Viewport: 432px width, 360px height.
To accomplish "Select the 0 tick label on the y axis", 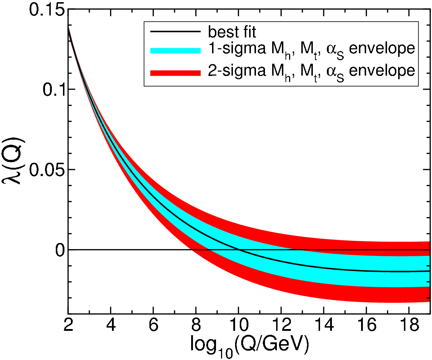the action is tap(59, 250).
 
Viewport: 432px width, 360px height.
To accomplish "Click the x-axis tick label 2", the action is tap(68, 325).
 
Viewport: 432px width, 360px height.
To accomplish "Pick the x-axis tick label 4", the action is tap(111, 325).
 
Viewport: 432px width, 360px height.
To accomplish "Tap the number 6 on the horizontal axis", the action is tap(153, 325).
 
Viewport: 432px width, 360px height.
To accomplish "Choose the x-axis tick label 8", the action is tap(196, 325).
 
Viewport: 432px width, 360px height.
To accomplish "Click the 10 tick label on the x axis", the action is tap(238, 325).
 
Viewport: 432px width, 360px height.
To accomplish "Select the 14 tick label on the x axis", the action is tap(324, 325).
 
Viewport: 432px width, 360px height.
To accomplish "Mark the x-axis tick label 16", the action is tap(366, 325).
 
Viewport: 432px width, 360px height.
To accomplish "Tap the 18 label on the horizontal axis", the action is tap(409, 325).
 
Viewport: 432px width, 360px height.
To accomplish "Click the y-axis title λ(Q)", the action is tap(13, 161).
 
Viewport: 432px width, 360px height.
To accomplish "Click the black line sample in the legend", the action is tap(175, 31).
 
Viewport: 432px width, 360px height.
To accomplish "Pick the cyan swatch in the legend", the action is tap(175, 51).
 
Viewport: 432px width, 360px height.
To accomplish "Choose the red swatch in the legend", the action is tap(175, 73).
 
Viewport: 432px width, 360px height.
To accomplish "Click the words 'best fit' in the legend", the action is tap(232, 32).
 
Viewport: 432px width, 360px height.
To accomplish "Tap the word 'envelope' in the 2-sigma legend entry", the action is tap(382, 71).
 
